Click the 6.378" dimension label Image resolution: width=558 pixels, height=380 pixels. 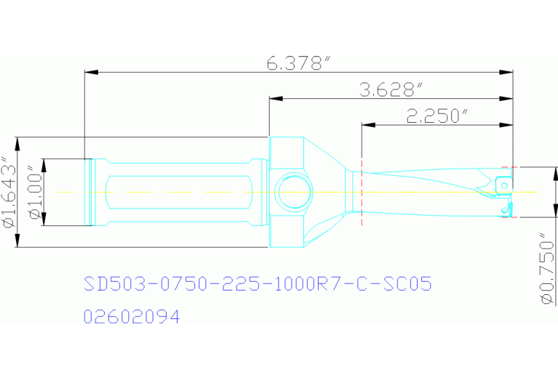point(295,64)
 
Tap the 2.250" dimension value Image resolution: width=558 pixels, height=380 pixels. point(436,116)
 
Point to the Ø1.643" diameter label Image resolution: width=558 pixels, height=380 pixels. point(8,192)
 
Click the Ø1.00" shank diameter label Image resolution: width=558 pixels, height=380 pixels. point(32,192)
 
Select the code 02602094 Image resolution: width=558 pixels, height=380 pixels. point(132,317)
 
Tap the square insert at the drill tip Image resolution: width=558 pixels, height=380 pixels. point(503,185)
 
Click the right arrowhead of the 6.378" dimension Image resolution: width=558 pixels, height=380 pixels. point(509,71)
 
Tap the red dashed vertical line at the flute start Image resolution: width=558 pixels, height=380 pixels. point(362,192)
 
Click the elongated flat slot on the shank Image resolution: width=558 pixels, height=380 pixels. point(178,192)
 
